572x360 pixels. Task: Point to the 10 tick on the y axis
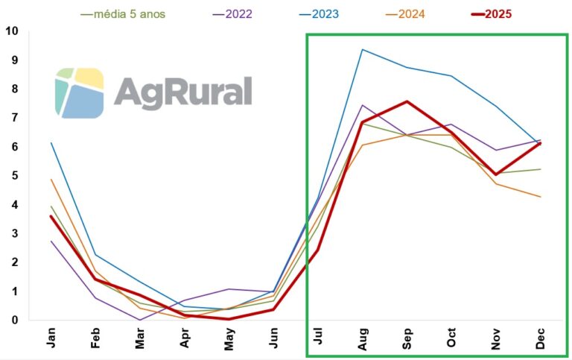click(x=11, y=31)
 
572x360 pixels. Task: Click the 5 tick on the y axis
click(x=14, y=176)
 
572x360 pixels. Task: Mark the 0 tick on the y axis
click(x=14, y=320)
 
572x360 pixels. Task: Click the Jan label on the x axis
click(x=51, y=339)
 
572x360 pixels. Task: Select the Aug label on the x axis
click(x=363, y=339)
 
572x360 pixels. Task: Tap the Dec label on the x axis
click(x=541, y=339)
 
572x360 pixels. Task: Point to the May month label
click(x=229, y=339)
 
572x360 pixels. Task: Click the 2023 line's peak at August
click(x=362, y=50)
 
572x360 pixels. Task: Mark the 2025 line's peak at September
click(x=407, y=101)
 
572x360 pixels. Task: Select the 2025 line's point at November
click(x=496, y=174)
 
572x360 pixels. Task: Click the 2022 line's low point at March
click(x=140, y=320)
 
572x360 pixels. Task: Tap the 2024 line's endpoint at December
click(x=540, y=197)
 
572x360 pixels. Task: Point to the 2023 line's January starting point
click(x=51, y=143)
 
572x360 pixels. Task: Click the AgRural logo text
click(x=183, y=92)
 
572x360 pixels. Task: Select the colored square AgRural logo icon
click(x=79, y=92)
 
